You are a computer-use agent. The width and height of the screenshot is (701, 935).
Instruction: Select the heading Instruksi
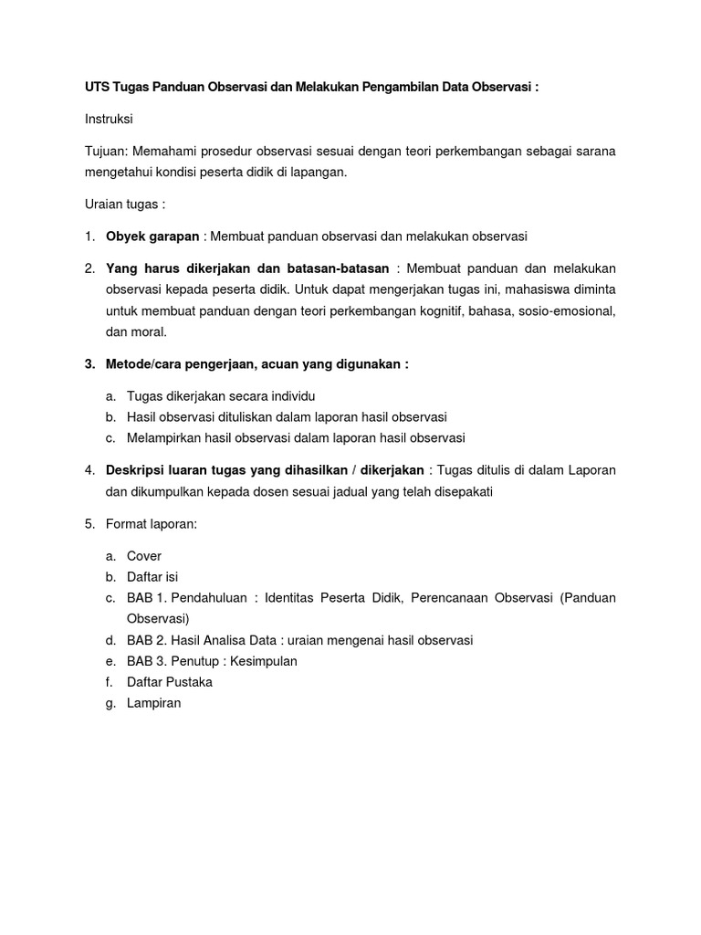[x=109, y=119]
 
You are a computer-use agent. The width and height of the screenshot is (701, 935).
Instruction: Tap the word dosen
[x=286, y=492]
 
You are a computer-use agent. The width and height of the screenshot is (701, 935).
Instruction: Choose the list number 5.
[x=89, y=524]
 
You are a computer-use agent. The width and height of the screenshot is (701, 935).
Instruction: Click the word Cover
[x=144, y=555]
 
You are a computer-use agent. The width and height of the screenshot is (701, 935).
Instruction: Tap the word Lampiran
[x=154, y=703]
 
